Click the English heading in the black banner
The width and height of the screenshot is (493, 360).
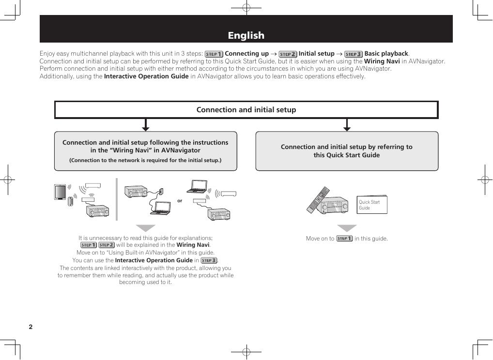246,35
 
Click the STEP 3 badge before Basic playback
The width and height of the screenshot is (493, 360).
354,54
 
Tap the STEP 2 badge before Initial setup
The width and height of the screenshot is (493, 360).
288,54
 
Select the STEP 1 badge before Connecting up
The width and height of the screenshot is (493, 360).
214,54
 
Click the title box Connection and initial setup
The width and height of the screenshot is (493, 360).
246,110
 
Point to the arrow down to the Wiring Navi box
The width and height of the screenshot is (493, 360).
145,126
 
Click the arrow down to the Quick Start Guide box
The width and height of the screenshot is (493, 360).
347,126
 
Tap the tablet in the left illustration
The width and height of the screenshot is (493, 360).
60,192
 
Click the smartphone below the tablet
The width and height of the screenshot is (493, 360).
70,201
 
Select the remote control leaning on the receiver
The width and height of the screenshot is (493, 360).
318,199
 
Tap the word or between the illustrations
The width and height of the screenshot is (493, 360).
180,200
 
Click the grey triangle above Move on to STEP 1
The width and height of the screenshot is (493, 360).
347,228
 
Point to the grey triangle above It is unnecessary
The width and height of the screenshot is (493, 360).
145,228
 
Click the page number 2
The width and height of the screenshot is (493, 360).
31,327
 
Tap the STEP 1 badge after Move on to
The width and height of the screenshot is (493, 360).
344,239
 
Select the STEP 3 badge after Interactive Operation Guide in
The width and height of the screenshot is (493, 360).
209,260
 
